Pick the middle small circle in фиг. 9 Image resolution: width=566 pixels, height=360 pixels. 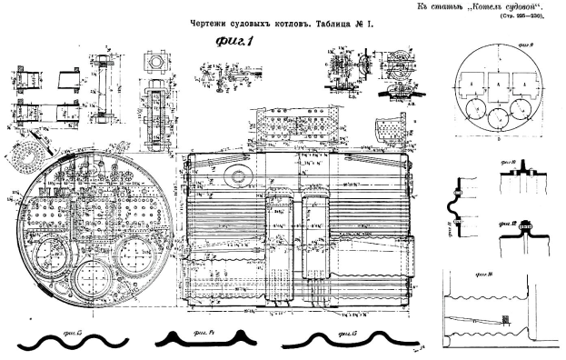[498, 117]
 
